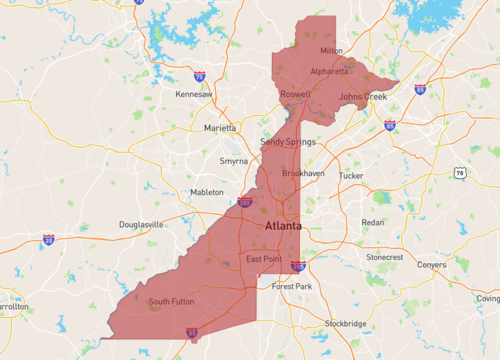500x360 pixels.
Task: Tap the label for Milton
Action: pyautogui.click(x=331, y=50)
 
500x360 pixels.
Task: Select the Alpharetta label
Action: pyautogui.click(x=330, y=71)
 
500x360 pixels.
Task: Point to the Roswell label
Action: pyautogui.click(x=295, y=94)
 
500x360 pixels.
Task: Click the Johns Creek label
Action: pyautogui.click(x=362, y=97)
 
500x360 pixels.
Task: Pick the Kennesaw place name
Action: pyautogui.click(x=194, y=94)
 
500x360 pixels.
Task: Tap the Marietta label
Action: pyautogui.click(x=221, y=128)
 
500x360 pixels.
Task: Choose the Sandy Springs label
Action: pyautogui.click(x=287, y=142)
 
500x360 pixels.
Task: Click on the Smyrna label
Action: pyautogui.click(x=234, y=160)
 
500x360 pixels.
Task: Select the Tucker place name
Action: pyautogui.click(x=351, y=175)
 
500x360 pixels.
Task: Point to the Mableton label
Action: pyautogui.click(x=207, y=192)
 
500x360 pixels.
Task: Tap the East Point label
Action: pyautogui.click(x=264, y=260)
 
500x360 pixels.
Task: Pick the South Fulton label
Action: pyautogui.click(x=172, y=301)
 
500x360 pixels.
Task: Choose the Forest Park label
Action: pyautogui.click(x=292, y=286)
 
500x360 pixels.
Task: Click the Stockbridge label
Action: pyautogui.click(x=345, y=324)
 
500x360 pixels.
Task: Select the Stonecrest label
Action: pyautogui.click(x=384, y=257)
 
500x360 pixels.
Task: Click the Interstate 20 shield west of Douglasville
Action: pyautogui.click(x=48, y=240)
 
